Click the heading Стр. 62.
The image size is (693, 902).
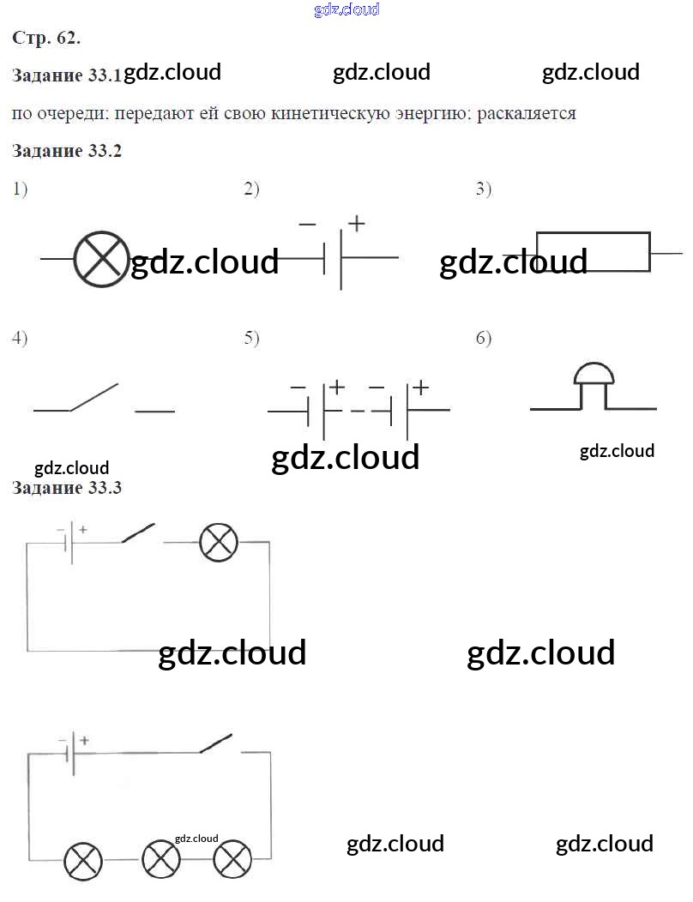tap(46, 38)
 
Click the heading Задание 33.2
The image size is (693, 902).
tap(67, 151)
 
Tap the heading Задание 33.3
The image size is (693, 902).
tap(67, 488)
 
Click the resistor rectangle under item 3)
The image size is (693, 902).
tap(593, 252)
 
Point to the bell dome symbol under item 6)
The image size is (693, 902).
tap(594, 375)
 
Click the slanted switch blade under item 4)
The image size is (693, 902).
tap(93, 397)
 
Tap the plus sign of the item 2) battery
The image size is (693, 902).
tap(356, 224)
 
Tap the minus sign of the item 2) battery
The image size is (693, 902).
tap(306, 225)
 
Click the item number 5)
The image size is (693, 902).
tap(251, 338)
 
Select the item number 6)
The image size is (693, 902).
tap(484, 338)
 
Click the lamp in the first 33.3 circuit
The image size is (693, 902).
tap(218, 543)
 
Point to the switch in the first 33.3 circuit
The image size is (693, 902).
tap(138, 534)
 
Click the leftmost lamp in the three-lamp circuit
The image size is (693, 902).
tap(83, 860)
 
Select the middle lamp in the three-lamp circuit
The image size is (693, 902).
tap(160, 860)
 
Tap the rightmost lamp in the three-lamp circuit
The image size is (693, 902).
tap(232, 860)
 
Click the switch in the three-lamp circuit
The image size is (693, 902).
tap(216, 743)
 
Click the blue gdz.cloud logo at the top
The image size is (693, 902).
tap(346, 10)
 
